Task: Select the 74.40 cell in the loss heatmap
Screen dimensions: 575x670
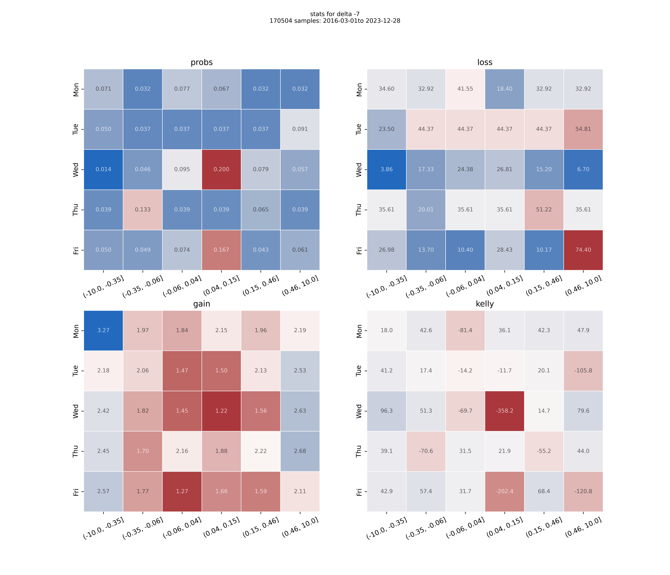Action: (583, 250)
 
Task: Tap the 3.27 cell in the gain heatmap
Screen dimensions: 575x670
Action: (103, 330)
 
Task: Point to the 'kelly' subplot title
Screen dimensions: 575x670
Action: (485, 304)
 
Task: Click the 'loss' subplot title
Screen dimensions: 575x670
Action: (485, 62)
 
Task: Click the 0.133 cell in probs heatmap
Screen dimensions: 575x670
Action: (143, 209)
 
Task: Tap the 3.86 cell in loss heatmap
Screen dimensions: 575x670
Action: (386, 169)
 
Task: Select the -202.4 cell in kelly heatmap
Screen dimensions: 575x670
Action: (504, 491)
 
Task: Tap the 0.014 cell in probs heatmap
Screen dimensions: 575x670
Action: (103, 169)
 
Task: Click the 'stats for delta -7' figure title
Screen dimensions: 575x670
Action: (335, 14)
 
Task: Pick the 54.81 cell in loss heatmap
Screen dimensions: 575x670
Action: (583, 129)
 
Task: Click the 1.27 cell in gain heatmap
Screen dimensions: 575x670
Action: (182, 491)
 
